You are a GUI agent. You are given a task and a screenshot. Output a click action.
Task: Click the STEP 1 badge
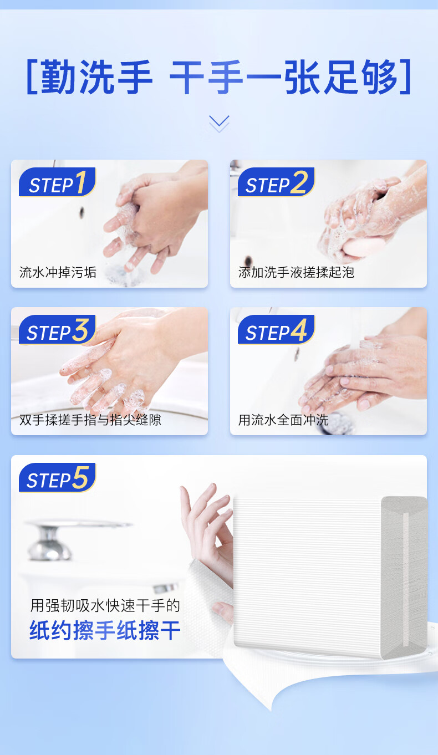tap(57, 183)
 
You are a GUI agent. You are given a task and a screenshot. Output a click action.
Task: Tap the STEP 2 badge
tap(276, 183)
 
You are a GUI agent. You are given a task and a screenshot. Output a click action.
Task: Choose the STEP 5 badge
tap(57, 478)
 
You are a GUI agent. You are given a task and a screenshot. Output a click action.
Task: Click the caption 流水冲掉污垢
tap(58, 272)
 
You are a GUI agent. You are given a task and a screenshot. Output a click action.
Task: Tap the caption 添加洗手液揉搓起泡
tap(296, 272)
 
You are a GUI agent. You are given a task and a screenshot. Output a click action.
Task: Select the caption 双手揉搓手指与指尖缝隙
tap(90, 420)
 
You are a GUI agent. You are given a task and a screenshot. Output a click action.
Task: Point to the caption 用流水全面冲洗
tap(283, 420)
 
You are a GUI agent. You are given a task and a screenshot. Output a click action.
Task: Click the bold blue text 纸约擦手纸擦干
tap(105, 631)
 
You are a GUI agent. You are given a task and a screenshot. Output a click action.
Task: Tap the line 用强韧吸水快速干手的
tap(105, 605)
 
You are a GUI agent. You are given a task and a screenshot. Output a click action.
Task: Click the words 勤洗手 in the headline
tap(97, 78)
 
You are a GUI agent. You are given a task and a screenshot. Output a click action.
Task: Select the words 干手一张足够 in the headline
tap(284, 78)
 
